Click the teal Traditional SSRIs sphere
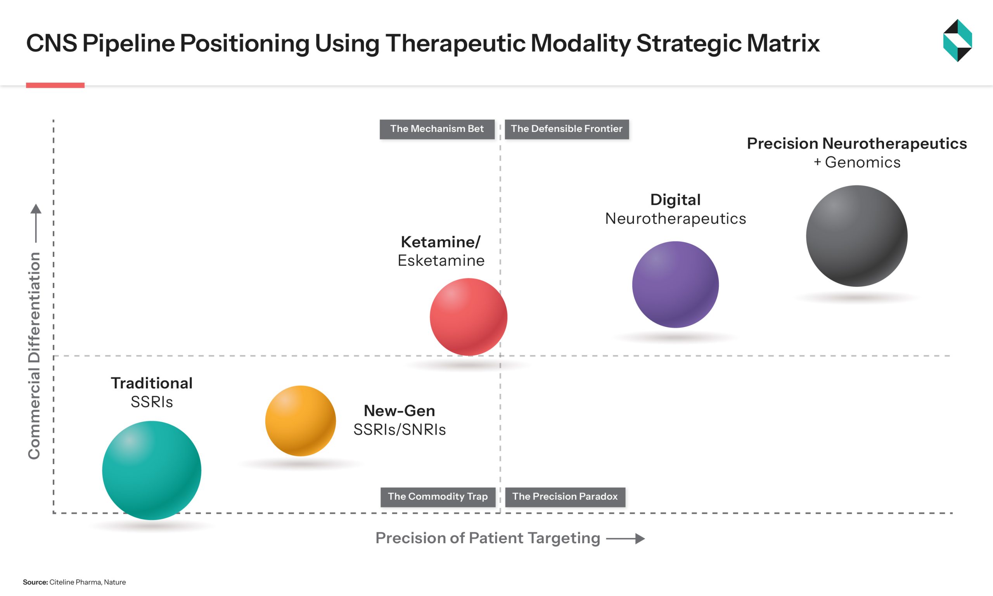point(152,470)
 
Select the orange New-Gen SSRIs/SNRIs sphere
point(301,421)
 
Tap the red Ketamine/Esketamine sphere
point(469,317)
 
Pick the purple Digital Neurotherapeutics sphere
point(676,284)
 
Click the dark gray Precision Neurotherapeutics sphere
point(856,236)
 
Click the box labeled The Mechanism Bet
point(437,129)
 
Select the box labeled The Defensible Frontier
point(566,129)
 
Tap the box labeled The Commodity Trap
point(438,497)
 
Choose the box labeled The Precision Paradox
point(565,497)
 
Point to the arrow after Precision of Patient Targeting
point(625,539)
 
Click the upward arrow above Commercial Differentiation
point(36,223)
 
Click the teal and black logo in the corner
point(957,41)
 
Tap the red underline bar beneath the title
point(55,85)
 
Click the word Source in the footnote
point(35,582)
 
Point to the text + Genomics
point(857,162)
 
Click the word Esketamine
point(441,261)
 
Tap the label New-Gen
point(400,411)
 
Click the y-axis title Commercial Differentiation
point(34,355)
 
